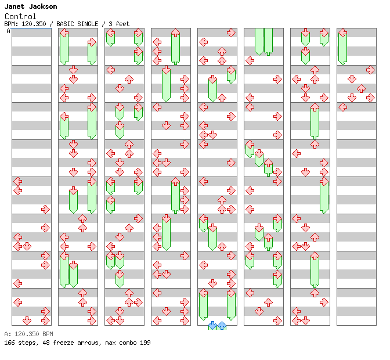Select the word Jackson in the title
[43, 6]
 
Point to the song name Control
[20, 16]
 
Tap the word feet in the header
[122, 24]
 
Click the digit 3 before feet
[110, 24]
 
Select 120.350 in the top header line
[34, 24]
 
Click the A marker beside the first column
[8, 31]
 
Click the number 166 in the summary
[9, 343]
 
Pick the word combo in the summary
[128, 343]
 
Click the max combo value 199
[145, 343]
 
